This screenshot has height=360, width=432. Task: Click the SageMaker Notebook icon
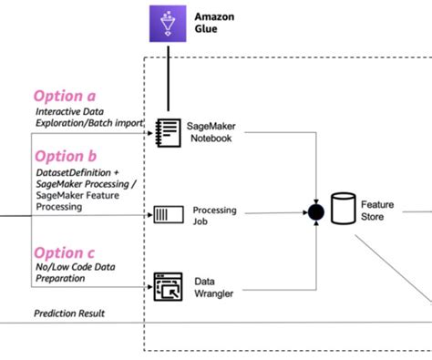pyautogui.click(x=168, y=130)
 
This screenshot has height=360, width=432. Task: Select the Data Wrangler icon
pyautogui.click(x=168, y=287)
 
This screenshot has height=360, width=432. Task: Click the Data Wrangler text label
pyautogui.click(x=216, y=287)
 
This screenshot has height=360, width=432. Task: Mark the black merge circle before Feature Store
pyautogui.click(x=315, y=212)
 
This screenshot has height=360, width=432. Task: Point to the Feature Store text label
pyautogui.click(x=377, y=211)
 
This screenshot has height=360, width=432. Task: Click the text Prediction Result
pyautogui.click(x=69, y=314)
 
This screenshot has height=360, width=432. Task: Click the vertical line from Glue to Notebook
pyautogui.click(x=167, y=82)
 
